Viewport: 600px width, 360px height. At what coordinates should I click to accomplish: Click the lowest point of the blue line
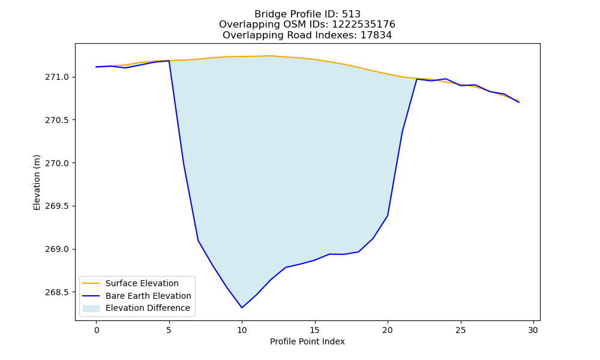click(242, 308)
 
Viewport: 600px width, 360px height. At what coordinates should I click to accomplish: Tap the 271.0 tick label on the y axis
click(57, 77)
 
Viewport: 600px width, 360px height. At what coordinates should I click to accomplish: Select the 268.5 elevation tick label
click(57, 292)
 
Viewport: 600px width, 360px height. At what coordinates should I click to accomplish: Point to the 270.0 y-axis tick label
click(57, 163)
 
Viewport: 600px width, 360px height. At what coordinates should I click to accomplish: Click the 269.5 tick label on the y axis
click(57, 206)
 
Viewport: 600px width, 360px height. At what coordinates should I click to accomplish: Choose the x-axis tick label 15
click(314, 330)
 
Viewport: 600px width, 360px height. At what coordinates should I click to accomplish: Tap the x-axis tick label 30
click(533, 330)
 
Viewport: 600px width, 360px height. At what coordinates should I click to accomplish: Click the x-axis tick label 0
click(97, 330)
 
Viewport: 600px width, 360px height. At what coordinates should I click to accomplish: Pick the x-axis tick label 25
click(460, 330)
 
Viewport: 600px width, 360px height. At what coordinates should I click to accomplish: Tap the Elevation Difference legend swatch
click(91, 308)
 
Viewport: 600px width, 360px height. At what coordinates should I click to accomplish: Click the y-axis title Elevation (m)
click(37, 182)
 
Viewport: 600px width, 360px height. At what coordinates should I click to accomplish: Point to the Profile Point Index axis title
click(307, 341)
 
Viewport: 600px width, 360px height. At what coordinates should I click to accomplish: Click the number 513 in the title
click(351, 14)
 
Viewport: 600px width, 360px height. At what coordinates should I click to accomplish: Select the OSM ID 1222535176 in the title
click(363, 25)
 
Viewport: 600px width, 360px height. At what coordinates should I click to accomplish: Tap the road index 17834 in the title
click(376, 35)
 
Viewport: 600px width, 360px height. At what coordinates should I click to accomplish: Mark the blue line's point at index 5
click(169, 61)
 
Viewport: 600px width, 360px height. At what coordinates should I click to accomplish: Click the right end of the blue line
click(519, 102)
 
